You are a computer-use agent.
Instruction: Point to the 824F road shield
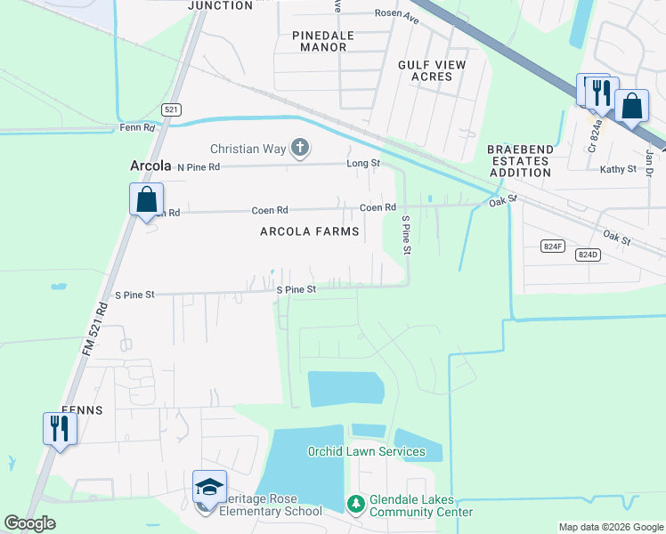click(553, 245)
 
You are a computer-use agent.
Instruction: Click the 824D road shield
click(587, 255)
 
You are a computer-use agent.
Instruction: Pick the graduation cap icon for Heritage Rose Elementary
click(209, 487)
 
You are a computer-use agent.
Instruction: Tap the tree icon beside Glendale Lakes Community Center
click(355, 505)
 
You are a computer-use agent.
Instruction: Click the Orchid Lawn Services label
click(367, 451)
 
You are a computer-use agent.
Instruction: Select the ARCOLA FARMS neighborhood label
click(310, 231)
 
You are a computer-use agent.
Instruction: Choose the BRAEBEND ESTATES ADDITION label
click(520, 161)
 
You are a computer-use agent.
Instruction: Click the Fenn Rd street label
click(137, 128)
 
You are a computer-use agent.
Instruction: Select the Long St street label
click(363, 164)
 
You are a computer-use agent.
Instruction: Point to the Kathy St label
click(619, 168)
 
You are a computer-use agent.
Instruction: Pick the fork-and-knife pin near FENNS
click(60, 428)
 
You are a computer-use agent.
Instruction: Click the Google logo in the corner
click(30, 523)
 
